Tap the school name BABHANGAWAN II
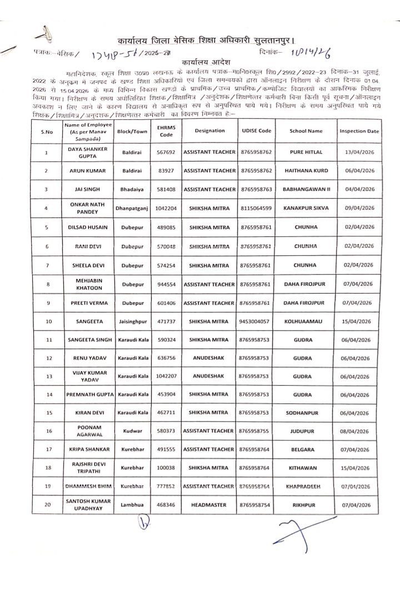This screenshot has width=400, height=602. tap(306, 189)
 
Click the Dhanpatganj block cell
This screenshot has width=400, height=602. tap(132, 209)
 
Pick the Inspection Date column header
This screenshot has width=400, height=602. tap(359, 131)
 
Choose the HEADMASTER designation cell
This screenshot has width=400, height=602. tap(209, 505)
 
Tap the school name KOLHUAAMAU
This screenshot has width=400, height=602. tap(306, 321)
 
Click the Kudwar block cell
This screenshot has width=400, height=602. tap(132, 431)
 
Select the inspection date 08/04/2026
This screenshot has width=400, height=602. tap(359, 431)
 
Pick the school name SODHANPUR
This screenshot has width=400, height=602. tap(306, 413)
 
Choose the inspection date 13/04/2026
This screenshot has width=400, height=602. tap(359, 153)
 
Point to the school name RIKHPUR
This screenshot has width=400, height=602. tap(306, 505)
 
